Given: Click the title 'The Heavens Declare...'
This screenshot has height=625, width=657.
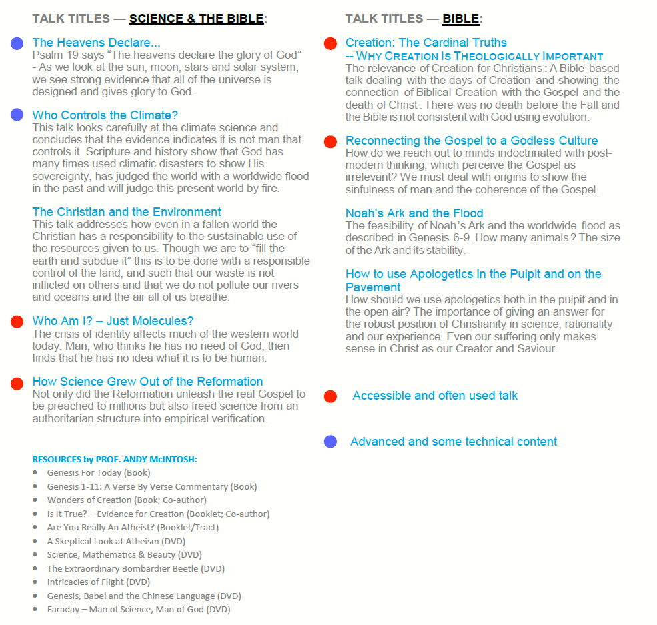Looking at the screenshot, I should coord(96,43).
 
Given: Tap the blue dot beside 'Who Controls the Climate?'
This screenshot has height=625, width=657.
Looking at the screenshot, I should coord(17,115).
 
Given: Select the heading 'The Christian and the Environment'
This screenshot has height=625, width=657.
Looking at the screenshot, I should coord(127,212).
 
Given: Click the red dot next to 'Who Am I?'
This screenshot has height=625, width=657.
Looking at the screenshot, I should coord(17,322).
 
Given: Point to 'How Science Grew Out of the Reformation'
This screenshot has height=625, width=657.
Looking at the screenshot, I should coord(147,382).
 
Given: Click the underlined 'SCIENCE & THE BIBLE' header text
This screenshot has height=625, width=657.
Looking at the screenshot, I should coord(196,19).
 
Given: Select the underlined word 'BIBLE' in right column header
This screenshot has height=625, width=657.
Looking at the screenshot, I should coord(461,19).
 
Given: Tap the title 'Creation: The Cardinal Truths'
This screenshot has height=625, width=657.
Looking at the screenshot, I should coord(426,43).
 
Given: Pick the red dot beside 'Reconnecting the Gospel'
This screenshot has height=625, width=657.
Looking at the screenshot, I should coord(330,141).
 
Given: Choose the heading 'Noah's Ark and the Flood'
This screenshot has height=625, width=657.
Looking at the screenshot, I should coord(414,213).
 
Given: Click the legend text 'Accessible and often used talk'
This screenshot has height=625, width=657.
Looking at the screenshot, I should coord(435,396).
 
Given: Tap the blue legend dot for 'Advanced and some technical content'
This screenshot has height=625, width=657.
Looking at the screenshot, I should coord(330,442).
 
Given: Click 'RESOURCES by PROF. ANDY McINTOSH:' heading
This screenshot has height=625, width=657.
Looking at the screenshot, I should coord(115,460).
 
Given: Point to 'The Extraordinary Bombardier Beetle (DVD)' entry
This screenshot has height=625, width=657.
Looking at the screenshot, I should coord(135,569).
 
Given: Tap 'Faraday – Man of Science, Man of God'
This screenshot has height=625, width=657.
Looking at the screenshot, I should coord(138,610).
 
